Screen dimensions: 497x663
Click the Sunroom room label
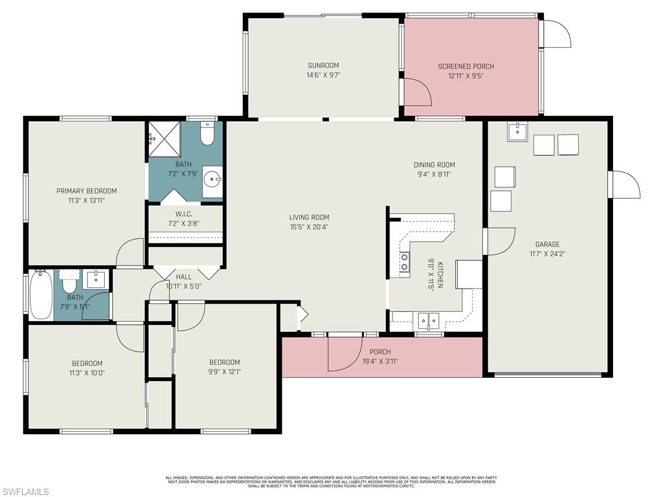pos(323,65)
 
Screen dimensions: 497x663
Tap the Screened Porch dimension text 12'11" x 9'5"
pos(466,76)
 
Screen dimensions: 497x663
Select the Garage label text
pos(547,244)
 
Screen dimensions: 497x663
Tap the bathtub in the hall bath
pos(41,295)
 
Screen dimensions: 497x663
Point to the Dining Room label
pos(434,164)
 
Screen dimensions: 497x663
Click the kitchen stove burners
pos(405,261)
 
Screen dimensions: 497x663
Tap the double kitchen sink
pos(428,320)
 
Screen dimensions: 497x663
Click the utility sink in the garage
pos(517,131)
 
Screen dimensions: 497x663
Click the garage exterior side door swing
pos(625,185)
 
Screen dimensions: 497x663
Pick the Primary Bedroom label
pos(86,191)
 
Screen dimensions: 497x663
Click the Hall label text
pos(183,277)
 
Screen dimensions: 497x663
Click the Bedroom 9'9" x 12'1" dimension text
pos(224,371)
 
